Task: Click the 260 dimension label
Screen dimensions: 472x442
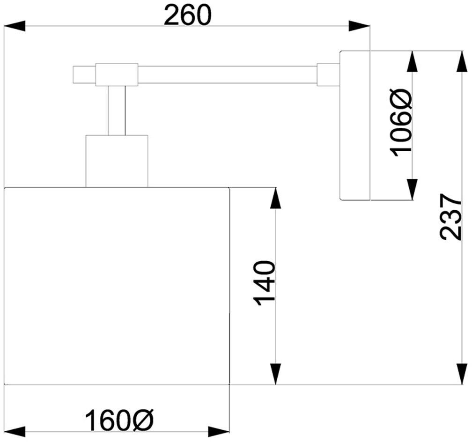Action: click(x=187, y=16)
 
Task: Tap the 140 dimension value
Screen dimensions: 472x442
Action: click(x=264, y=283)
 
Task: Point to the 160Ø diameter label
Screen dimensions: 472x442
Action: click(x=119, y=420)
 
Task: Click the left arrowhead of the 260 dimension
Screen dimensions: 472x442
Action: click(x=14, y=26)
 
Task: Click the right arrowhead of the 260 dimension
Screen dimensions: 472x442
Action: click(x=359, y=26)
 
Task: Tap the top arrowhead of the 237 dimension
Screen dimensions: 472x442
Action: click(x=461, y=61)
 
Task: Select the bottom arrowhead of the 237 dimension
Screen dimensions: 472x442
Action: click(x=461, y=374)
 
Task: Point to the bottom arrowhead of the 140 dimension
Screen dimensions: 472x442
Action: click(x=276, y=374)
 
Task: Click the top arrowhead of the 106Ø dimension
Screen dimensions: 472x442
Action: click(x=412, y=61)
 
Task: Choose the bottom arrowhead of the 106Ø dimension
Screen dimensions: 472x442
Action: click(x=412, y=189)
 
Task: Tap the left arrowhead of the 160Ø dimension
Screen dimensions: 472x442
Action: click(x=14, y=432)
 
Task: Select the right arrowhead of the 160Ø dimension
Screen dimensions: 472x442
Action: click(x=219, y=432)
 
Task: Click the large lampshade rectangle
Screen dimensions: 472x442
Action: click(x=117, y=286)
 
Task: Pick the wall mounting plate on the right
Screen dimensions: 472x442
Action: click(x=354, y=125)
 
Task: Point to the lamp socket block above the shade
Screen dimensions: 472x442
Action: click(x=117, y=161)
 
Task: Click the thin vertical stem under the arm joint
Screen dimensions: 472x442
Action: click(x=117, y=110)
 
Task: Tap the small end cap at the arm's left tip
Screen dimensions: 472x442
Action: click(x=84, y=75)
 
